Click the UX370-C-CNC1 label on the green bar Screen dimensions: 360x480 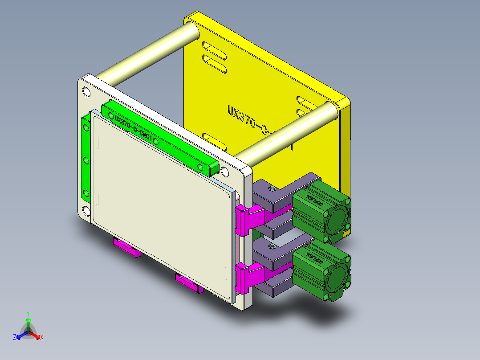[x=133, y=129]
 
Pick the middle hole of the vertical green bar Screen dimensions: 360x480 [x=85, y=160]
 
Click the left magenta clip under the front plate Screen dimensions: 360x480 [x=127, y=248]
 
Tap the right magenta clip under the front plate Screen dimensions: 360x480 [x=189, y=283]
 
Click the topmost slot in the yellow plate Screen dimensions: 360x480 [x=214, y=47]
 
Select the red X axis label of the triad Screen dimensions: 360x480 [x=42, y=338]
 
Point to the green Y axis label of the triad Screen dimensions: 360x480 [x=28, y=313]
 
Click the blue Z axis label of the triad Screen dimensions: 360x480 [x=15, y=338]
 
